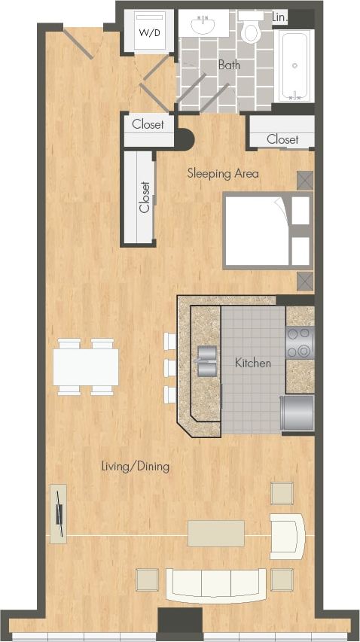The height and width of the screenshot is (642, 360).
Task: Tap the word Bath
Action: click(229, 65)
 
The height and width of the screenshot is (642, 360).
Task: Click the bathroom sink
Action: click(204, 24)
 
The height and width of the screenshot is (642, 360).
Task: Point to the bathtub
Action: click(294, 65)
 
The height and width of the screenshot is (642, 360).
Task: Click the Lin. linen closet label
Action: click(279, 17)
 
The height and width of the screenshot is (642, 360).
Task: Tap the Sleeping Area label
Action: click(222, 174)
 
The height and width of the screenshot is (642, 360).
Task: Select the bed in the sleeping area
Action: click(256, 230)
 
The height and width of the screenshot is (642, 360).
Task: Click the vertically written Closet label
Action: click(145, 197)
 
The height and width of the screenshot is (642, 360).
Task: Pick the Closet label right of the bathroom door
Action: click(282, 139)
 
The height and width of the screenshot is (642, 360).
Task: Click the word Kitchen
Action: click(252, 364)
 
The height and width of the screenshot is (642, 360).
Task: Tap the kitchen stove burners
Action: click(299, 342)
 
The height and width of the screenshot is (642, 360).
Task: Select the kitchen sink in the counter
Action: click(205, 361)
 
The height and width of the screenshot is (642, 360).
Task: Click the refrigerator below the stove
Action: click(297, 412)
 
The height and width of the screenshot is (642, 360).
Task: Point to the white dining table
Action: click(86, 367)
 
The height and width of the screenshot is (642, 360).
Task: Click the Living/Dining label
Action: click(136, 467)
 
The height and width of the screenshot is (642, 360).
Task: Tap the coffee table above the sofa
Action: click(216, 533)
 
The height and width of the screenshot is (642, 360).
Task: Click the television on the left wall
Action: click(58, 513)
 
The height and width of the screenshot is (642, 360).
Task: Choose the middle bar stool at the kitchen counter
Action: click(169, 367)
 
